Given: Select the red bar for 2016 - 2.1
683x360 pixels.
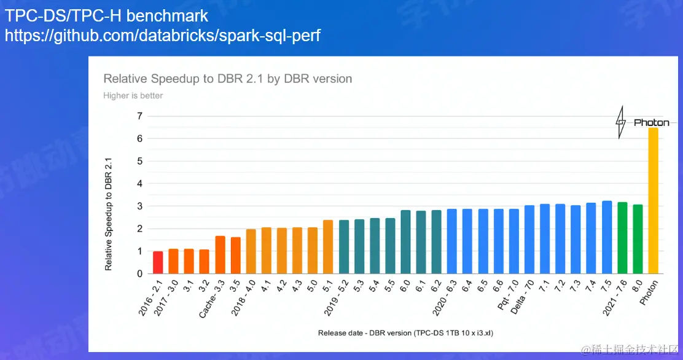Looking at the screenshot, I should point(158,262).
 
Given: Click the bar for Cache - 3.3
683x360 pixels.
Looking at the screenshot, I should point(220,255).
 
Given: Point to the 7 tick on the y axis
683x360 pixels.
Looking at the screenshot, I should point(139,116).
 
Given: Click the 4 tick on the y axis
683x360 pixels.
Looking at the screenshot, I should point(139,184).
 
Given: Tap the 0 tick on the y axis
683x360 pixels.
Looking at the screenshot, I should point(139,274).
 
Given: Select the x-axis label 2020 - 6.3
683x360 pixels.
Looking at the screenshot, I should point(445,299).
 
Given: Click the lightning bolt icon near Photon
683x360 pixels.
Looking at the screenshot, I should point(621,122).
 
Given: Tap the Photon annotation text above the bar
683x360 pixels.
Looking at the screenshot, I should point(652,123).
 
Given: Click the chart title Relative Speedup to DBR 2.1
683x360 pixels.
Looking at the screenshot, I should point(227,79).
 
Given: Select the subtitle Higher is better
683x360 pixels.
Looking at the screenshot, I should point(133,95).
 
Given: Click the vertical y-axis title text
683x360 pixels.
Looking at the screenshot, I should point(109,214).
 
